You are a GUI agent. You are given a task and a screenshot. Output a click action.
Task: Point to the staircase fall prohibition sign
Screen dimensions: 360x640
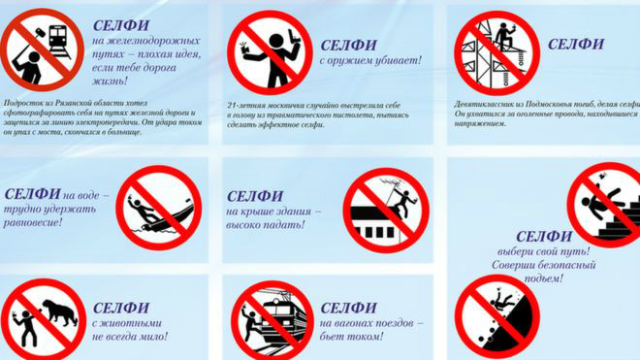603,203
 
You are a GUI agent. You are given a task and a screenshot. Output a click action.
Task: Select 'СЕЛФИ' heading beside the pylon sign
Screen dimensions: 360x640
575,44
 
